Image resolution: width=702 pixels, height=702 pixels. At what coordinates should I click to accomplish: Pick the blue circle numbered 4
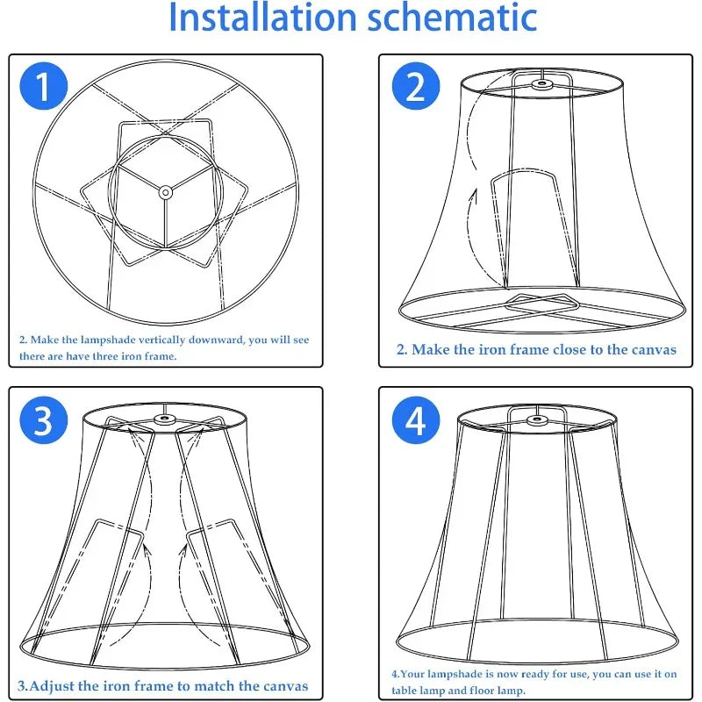point(415,421)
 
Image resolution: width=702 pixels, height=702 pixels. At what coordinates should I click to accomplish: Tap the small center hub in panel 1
point(164,190)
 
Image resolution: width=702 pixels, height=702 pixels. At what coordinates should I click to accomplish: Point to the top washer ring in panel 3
point(161,419)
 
